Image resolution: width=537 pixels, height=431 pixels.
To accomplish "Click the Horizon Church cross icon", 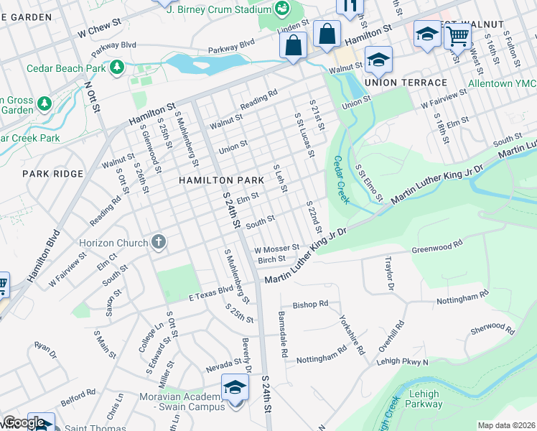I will click(158, 243).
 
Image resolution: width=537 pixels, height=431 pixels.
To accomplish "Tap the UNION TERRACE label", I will click(405, 83).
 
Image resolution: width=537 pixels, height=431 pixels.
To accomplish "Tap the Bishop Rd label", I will click(310, 304).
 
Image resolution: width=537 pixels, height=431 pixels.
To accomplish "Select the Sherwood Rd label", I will click(492, 329).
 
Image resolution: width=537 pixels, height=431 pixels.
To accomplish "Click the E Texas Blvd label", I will click(212, 294).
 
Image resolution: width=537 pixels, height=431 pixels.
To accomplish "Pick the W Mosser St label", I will click(276, 248).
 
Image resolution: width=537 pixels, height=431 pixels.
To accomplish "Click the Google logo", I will click(24, 422).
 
